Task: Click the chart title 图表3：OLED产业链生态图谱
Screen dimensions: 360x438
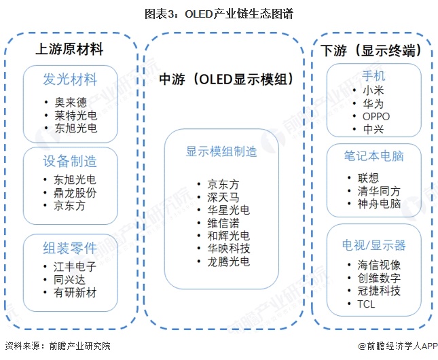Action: pyautogui.click(x=218, y=14)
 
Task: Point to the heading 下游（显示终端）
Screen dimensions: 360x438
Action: pyautogui.click(x=376, y=50)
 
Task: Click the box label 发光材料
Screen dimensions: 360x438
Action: pyautogui.click(x=69, y=77)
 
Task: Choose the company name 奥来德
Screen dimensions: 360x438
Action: pyautogui.click(x=71, y=103)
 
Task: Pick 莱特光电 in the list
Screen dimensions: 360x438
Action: pyautogui.click(x=75, y=115)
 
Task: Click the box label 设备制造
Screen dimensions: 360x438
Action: pyautogui.click(x=69, y=161)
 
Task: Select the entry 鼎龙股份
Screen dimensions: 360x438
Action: pyautogui.click(x=75, y=193)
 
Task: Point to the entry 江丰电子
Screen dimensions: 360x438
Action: pyautogui.click(x=75, y=267)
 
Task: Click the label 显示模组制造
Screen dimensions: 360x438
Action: pyautogui.click(x=221, y=151)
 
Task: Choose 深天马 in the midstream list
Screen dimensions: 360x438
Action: pyautogui.click(x=223, y=196)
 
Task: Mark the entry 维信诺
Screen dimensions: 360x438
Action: pyautogui.click(x=223, y=222)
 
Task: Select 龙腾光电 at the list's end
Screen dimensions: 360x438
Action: pyautogui.click(x=228, y=261)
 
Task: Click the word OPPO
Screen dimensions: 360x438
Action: pyautogui.click(x=376, y=116)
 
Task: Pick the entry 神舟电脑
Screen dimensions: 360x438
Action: pyautogui.click(x=379, y=204)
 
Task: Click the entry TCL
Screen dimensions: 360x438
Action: pyautogui.click(x=366, y=304)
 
